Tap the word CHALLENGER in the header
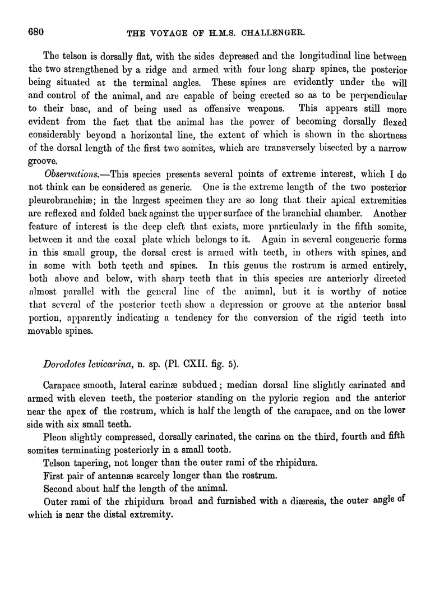[273, 33]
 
